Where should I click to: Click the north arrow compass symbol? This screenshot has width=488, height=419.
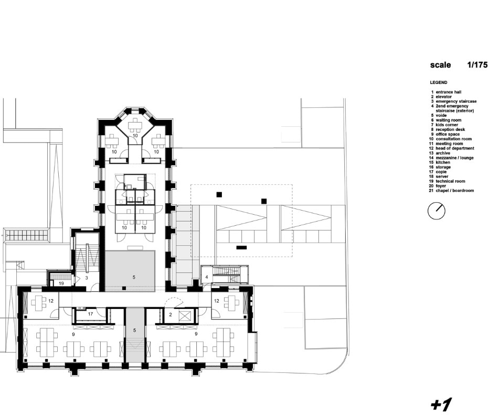(437, 211)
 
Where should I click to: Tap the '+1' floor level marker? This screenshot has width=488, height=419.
(441, 404)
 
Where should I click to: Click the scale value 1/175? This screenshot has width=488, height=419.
(477, 65)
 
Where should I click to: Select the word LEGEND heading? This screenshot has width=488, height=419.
(439, 82)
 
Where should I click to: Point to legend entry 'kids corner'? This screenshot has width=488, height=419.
(447, 125)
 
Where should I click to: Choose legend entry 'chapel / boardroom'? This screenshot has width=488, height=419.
(455, 191)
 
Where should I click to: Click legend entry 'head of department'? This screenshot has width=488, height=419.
(455, 148)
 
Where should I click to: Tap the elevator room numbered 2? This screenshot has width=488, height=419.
(171, 315)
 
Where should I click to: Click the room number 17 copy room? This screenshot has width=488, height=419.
(90, 314)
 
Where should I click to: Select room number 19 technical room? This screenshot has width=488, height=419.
(61, 283)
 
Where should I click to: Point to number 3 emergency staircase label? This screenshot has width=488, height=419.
(87, 278)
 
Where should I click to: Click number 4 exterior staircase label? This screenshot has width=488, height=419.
(206, 277)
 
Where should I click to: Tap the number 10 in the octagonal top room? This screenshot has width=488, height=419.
(135, 136)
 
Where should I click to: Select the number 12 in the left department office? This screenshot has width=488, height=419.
(51, 301)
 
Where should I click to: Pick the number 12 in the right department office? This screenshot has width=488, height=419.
(216, 301)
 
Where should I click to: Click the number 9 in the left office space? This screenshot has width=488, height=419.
(73, 334)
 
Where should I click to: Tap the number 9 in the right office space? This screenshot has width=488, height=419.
(196, 334)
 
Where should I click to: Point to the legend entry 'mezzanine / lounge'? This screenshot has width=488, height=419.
(454, 158)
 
